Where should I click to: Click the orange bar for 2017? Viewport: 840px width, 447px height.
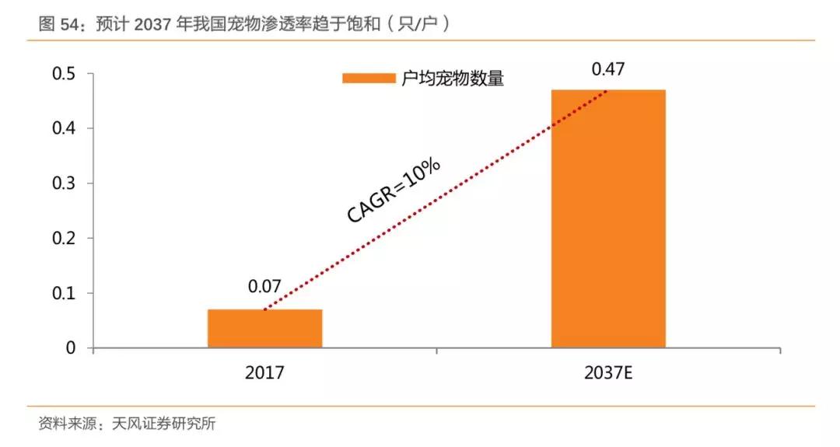click(x=264, y=328)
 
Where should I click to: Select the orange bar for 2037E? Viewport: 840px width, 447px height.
click(x=608, y=218)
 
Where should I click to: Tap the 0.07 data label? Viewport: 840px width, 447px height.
click(x=264, y=287)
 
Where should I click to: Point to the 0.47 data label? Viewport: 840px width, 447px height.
click(x=608, y=69)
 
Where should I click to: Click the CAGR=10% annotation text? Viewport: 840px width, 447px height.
click(x=394, y=191)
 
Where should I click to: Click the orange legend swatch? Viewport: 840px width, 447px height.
click(x=369, y=78)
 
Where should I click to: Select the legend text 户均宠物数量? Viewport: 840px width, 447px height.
click(x=453, y=79)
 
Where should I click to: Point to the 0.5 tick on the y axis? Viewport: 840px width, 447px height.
click(x=64, y=74)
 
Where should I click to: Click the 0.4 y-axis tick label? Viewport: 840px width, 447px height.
click(x=64, y=128)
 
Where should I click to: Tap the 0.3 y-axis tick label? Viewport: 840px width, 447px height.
click(x=64, y=183)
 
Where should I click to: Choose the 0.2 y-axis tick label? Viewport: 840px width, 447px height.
click(x=64, y=238)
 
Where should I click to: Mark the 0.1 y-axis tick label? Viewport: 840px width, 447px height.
click(x=64, y=293)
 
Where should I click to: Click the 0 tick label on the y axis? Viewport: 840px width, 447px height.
click(x=71, y=347)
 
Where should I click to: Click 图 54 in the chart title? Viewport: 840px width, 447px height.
click(x=60, y=25)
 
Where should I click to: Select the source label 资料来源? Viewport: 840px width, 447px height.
click(x=65, y=424)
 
